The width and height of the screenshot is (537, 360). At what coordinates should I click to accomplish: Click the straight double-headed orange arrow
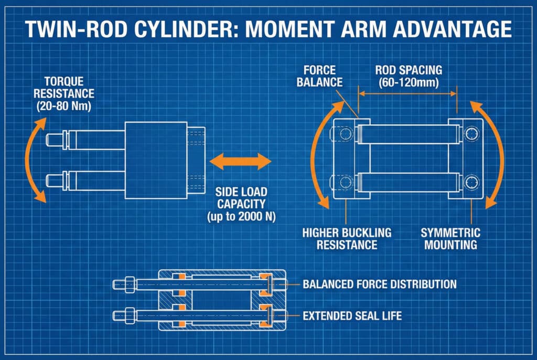[x=239, y=161]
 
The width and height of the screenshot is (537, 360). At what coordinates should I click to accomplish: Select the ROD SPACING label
[x=407, y=70]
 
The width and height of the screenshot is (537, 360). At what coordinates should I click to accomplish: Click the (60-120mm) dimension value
[x=407, y=82]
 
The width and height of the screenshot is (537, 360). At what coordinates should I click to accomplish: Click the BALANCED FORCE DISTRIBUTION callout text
[x=380, y=284]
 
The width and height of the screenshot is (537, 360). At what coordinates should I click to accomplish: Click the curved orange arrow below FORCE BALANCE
[x=320, y=152]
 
